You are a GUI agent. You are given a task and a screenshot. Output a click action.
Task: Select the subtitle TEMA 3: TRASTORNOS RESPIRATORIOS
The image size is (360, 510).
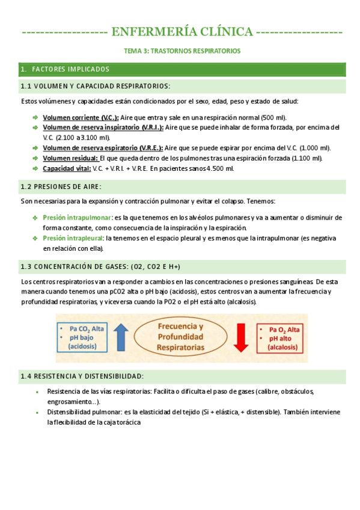click(x=182, y=51)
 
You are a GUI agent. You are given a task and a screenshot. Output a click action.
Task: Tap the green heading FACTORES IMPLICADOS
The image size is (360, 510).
click(x=70, y=69)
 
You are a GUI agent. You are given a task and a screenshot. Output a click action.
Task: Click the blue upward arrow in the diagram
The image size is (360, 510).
click(x=120, y=337)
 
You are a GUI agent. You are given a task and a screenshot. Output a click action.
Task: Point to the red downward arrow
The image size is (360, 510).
click(x=241, y=338)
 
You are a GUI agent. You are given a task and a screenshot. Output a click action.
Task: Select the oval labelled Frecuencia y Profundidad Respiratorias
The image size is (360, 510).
click(x=180, y=338)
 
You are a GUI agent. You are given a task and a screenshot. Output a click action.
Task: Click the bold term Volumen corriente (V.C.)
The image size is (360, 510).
click(x=81, y=117)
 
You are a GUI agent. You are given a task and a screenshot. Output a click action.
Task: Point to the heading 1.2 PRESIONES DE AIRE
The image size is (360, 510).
click(x=61, y=186)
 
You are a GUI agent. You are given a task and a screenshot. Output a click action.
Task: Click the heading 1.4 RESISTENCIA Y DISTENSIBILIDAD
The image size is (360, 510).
click(x=82, y=376)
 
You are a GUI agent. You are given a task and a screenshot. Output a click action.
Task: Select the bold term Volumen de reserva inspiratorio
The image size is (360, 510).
click(x=102, y=127)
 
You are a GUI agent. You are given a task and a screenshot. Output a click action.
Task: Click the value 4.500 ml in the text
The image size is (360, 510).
click(x=220, y=168)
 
